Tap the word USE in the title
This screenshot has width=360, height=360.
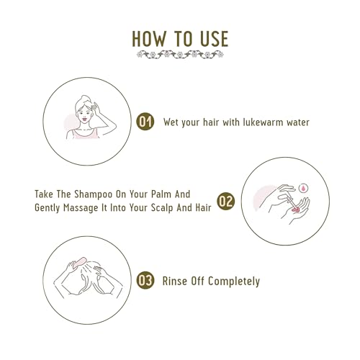[x=212, y=37]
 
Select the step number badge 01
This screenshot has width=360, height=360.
[x=145, y=122]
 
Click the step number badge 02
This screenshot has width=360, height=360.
[x=225, y=201]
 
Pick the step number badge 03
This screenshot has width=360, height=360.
[x=146, y=281]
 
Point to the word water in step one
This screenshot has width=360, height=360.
[x=294, y=122]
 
